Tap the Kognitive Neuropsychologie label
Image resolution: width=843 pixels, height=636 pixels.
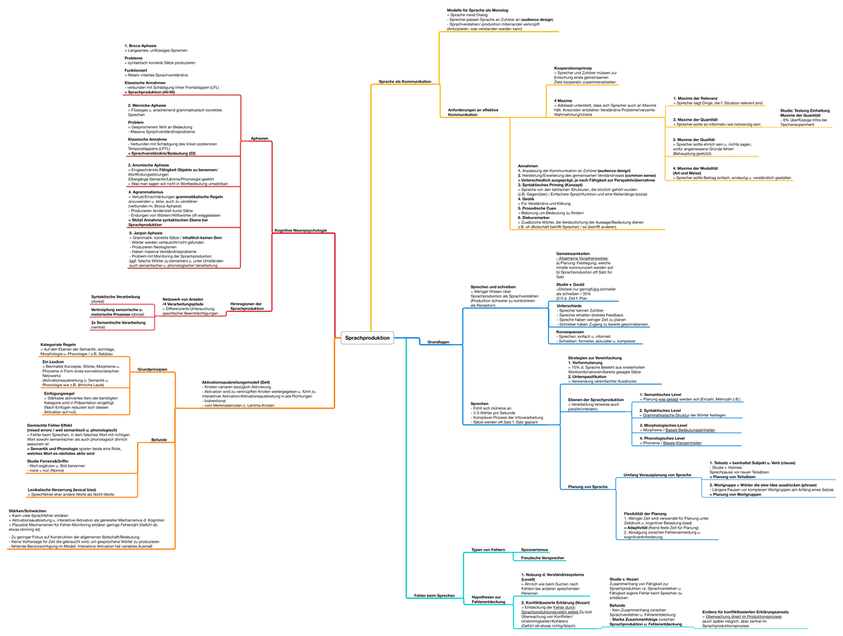[x=299, y=230]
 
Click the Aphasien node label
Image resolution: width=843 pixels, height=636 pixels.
[x=259, y=138]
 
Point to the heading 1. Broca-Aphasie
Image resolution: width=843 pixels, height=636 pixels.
[x=140, y=46]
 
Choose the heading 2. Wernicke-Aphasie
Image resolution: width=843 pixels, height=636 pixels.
[x=147, y=105]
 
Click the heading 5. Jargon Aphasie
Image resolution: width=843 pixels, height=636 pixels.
[x=146, y=232]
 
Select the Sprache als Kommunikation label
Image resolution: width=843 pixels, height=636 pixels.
[x=405, y=81]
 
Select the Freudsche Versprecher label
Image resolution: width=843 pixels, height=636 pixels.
[x=542, y=557]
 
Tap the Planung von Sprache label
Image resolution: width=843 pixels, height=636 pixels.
[x=587, y=486]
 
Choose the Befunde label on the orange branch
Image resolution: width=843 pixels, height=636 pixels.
[x=159, y=439]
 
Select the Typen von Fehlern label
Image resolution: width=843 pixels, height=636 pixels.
[x=488, y=549]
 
